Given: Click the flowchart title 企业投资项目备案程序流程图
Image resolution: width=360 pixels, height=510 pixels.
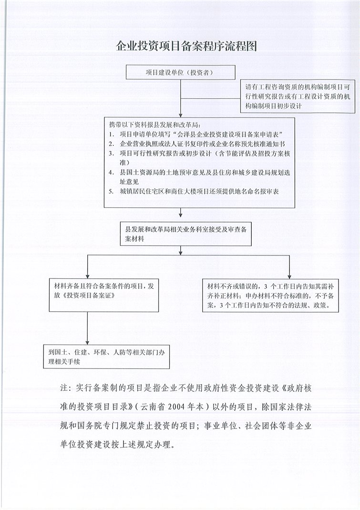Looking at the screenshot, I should point(180,46).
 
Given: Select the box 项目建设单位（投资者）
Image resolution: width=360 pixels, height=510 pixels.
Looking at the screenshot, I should point(180,73).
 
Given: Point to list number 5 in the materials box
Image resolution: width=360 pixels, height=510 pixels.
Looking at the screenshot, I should point(111,191).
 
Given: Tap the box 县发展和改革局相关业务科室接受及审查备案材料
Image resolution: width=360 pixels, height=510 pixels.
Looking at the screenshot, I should point(186,233).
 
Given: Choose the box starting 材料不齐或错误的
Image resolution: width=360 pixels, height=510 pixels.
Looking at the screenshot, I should point(270,296).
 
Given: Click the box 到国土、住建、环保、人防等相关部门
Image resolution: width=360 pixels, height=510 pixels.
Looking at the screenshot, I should point(106,357).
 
